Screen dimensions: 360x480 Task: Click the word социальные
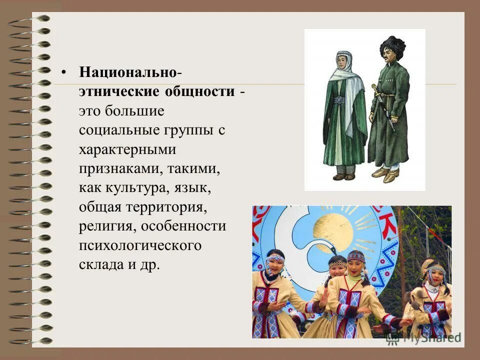coord(119,131)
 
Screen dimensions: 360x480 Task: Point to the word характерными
coord(127,150)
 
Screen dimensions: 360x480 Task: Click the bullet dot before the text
coord(63,72)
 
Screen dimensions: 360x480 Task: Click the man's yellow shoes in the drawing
coord(386,173)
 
